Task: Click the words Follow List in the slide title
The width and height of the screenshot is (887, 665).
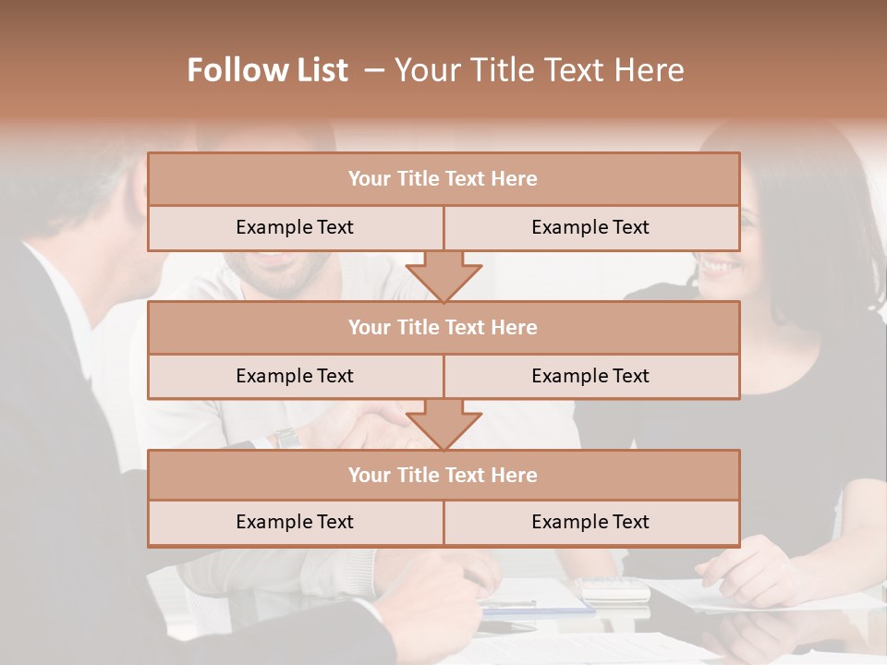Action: (268, 70)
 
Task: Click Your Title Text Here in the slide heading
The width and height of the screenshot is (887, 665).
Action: (540, 70)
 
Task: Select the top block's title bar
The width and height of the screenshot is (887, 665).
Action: (443, 179)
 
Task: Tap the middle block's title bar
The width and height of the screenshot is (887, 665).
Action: (443, 327)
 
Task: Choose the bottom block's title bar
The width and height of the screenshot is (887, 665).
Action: (443, 475)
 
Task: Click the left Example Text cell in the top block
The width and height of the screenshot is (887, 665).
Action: (295, 227)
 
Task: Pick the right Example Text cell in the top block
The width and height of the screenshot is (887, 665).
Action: (590, 227)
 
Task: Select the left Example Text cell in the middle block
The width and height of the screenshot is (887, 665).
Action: (295, 376)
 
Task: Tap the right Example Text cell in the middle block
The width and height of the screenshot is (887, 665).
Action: (590, 376)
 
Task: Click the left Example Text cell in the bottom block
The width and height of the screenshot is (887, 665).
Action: (295, 522)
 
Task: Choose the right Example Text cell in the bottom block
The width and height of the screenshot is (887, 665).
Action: (590, 522)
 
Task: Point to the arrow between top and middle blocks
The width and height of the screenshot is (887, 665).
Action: (443, 277)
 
